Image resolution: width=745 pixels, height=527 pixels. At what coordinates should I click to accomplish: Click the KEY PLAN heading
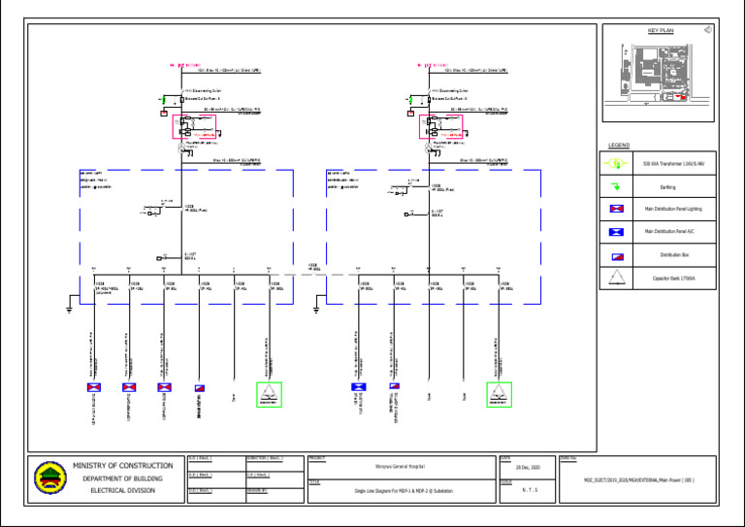coord(659,31)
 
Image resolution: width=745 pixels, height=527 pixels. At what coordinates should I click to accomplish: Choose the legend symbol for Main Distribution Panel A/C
coord(615,232)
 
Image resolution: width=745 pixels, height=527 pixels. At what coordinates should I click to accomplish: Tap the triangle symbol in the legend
coord(615,280)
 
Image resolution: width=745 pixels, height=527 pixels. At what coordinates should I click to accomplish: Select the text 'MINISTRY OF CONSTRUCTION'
coord(122,466)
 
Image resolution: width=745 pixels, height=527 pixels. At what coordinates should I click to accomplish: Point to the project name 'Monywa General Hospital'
coord(402,467)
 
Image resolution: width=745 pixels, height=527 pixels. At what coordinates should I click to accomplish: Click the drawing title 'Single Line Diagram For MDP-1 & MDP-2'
coord(402,492)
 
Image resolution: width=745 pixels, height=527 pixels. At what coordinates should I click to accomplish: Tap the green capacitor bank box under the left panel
coord(269,393)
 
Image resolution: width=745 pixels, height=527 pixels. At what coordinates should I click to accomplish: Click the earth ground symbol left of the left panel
coord(70,310)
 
